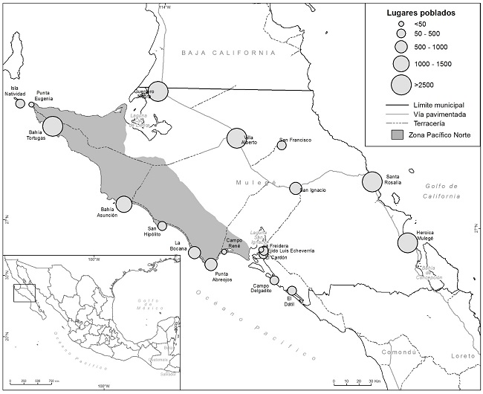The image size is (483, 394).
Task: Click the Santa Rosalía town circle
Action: click(x=372, y=181)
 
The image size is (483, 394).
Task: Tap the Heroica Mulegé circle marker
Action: click(x=407, y=243)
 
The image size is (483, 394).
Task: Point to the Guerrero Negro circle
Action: click(x=158, y=91)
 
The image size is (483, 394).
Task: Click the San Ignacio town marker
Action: click(x=295, y=188)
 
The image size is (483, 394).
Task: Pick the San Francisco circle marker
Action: click(x=282, y=145)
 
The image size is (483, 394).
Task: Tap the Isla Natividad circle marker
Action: click(x=20, y=103)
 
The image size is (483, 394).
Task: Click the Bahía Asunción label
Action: click(x=108, y=214)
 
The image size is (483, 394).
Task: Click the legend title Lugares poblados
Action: click(x=421, y=13)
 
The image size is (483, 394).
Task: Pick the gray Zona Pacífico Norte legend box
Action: click(x=401, y=135)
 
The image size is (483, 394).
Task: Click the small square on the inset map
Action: click(x=26, y=292)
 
